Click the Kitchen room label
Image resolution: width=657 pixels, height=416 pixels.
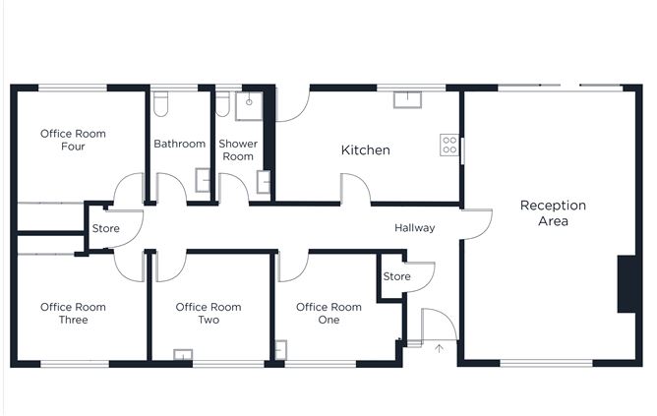(x=365, y=150)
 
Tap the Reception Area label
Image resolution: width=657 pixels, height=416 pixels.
(x=553, y=212)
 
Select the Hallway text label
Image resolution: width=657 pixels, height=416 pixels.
(x=414, y=228)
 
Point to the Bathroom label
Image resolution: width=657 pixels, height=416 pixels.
(x=179, y=144)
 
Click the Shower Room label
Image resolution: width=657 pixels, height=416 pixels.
(x=238, y=150)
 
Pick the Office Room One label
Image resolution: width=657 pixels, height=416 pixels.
(x=328, y=314)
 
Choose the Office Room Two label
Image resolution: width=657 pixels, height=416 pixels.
(x=209, y=314)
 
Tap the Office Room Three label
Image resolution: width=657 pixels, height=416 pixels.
(x=73, y=314)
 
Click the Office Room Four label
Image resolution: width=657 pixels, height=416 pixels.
(x=73, y=140)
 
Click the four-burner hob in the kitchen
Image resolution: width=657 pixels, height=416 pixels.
(x=449, y=145)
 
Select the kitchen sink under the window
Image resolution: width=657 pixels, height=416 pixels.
(x=407, y=99)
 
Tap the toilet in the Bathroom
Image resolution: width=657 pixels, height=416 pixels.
(x=160, y=104)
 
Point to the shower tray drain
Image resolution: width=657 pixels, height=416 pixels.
(x=249, y=102)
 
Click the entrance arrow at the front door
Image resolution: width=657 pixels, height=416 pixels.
(x=439, y=348)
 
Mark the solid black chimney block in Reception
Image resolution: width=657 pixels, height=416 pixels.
(x=627, y=284)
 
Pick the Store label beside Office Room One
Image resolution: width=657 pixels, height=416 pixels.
(x=396, y=276)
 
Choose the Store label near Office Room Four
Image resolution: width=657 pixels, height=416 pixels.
(x=105, y=228)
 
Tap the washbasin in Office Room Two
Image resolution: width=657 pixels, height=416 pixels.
(x=183, y=354)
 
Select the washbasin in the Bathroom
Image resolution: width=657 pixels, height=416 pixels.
(x=203, y=180)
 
